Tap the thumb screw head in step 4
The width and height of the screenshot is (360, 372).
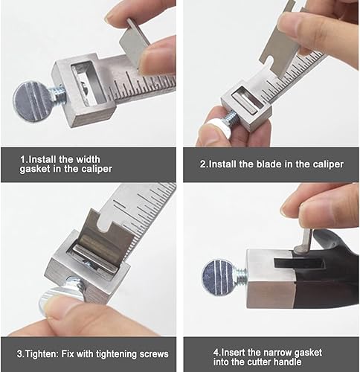pyautogui.click(x=219, y=278)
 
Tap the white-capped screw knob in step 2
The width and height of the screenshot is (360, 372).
pyautogui.click(x=213, y=128)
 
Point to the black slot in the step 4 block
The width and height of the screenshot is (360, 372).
pyautogui.click(x=299, y=263)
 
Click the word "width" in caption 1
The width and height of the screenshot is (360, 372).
pyautogui.click(x=88, y=159)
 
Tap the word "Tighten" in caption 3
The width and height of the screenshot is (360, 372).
pyautogui.click(x=41, y=354)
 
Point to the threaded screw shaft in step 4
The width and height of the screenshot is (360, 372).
pyautogui.click(x=240, y=276)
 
